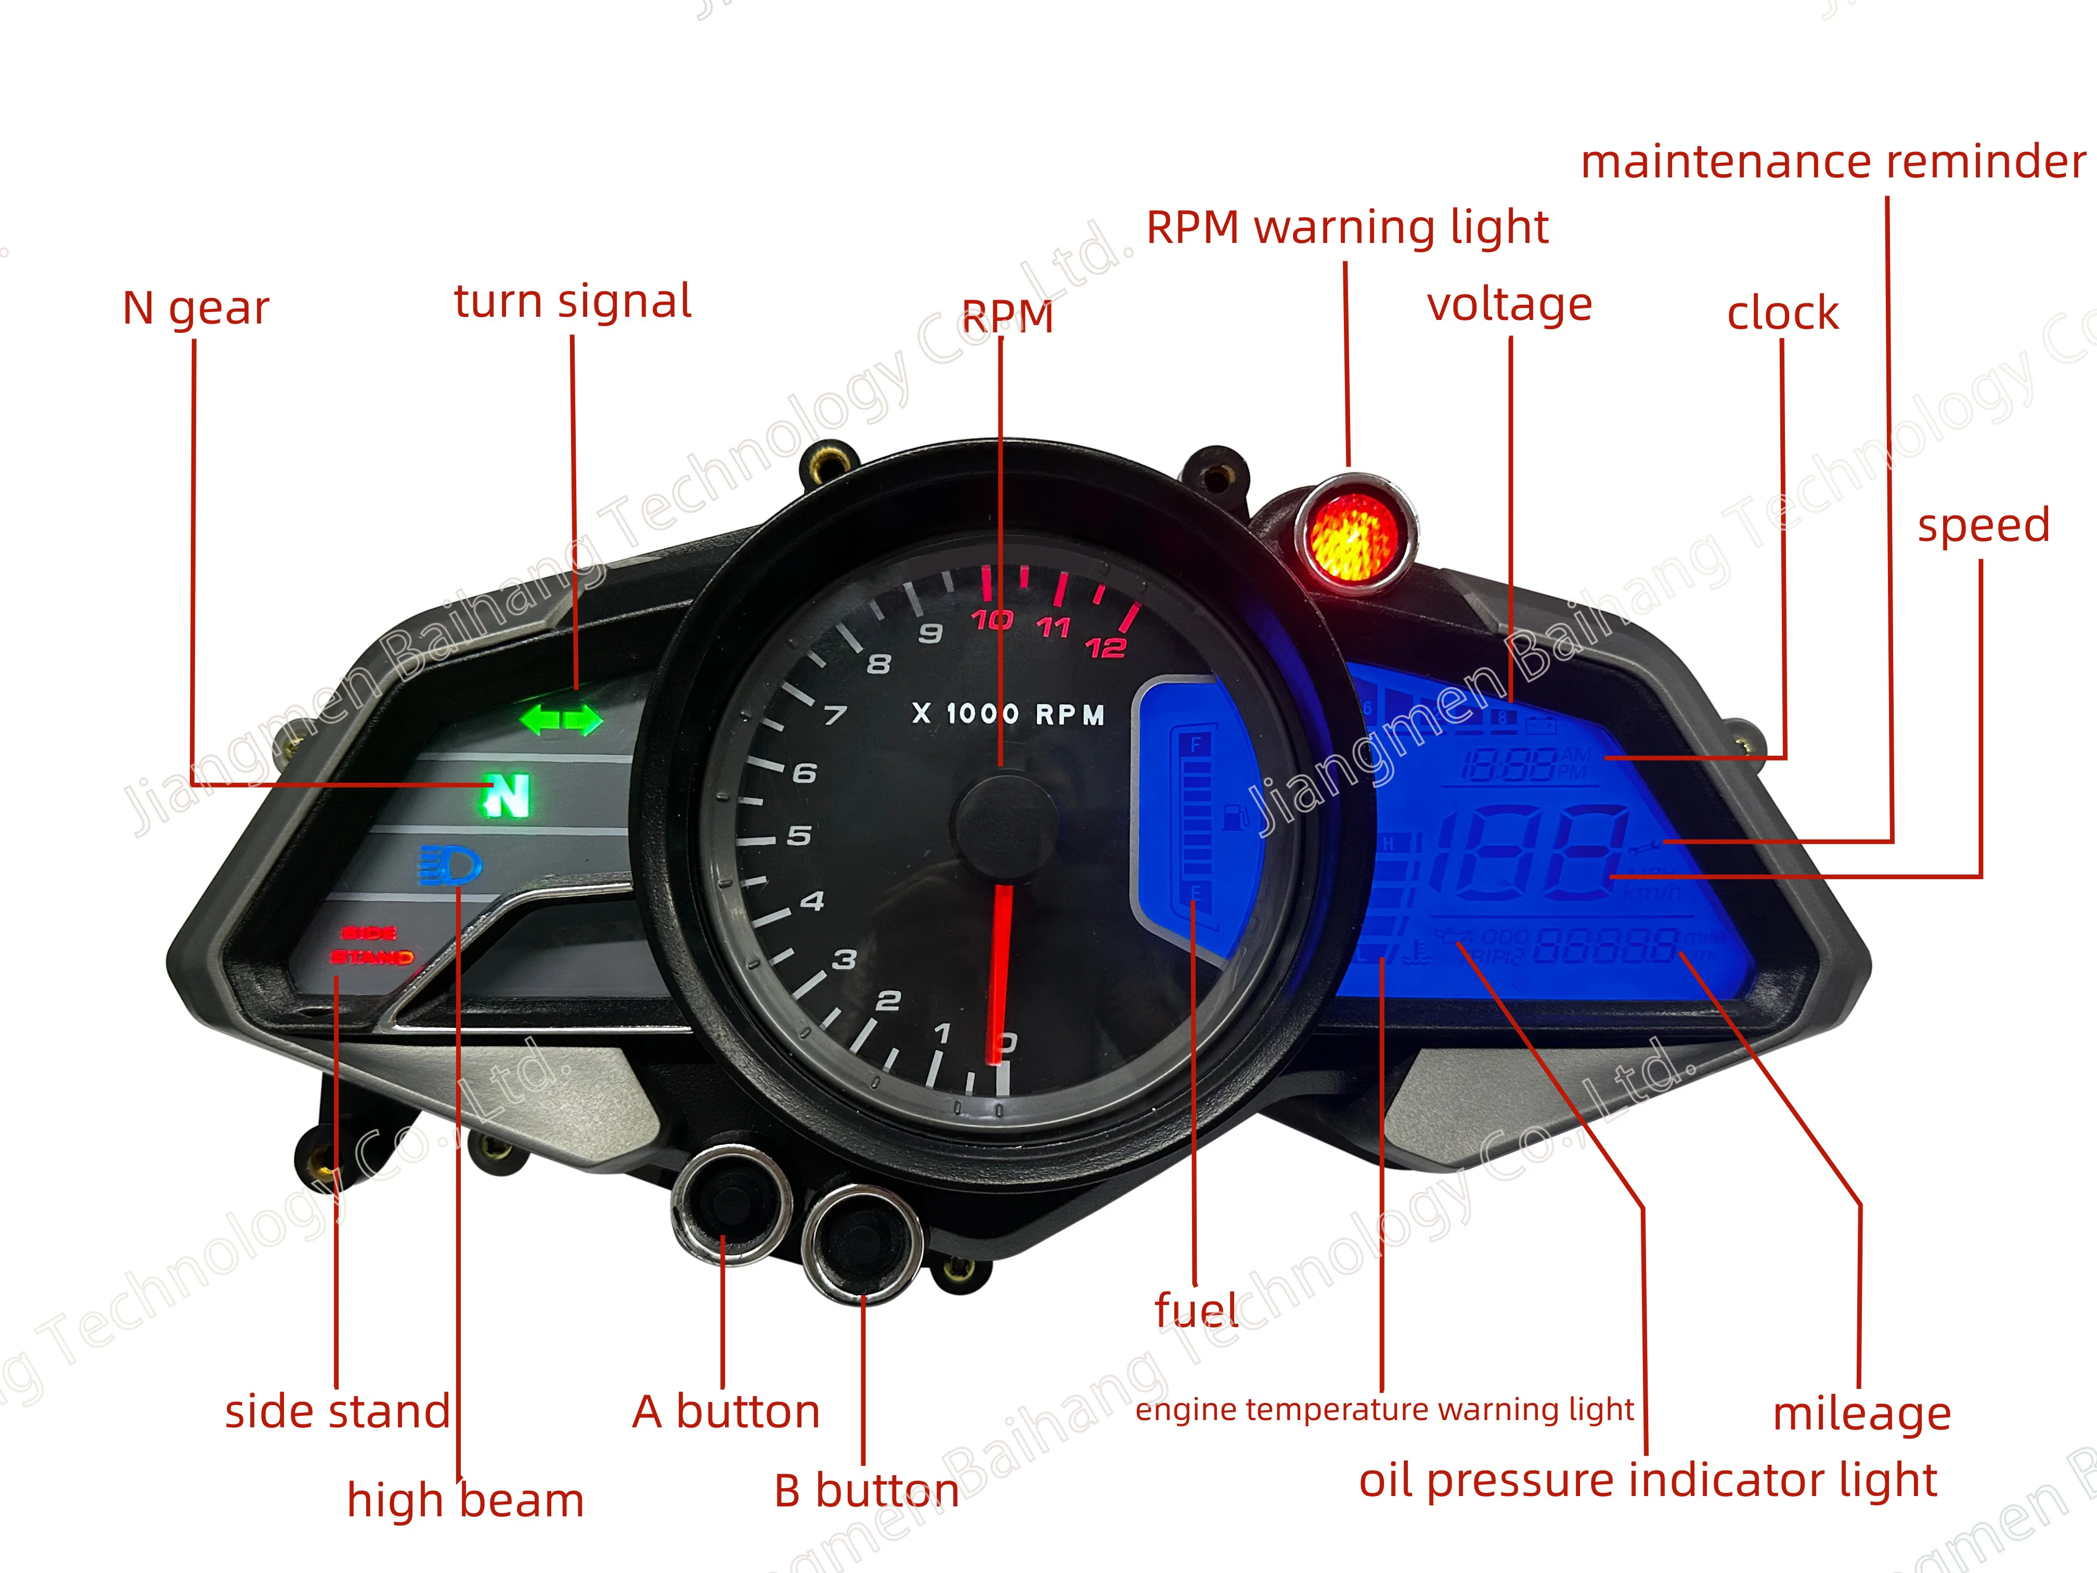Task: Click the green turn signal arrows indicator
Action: [x=561, y=719]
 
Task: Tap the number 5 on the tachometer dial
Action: [x=799, y=835]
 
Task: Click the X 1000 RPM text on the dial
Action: [x=1008, y=714]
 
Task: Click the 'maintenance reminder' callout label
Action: [x=1832, y=161]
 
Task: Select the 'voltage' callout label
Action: [x=1509, y=305]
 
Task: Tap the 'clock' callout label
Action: [x=1782, y=314]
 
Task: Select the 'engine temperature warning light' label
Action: [x=1384, y=1410]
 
